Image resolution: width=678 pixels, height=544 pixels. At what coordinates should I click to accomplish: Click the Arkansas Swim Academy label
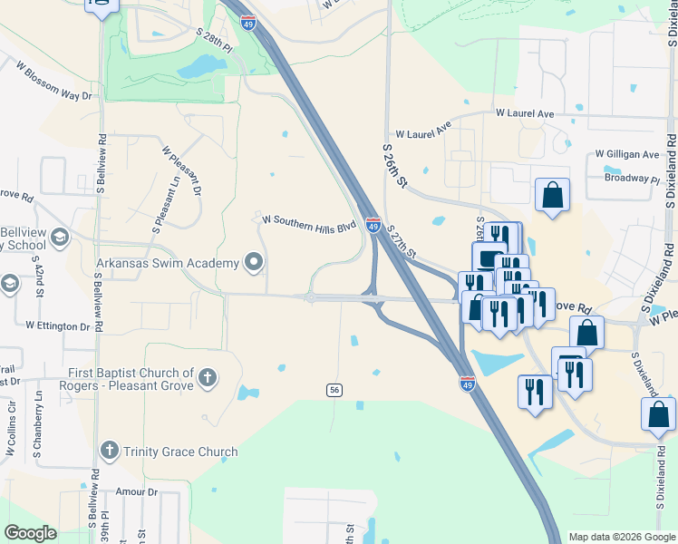point(168,263)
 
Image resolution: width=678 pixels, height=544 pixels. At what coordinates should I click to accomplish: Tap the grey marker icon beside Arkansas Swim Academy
point(254,264)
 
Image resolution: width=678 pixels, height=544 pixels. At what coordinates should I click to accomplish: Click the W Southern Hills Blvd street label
point(309,223)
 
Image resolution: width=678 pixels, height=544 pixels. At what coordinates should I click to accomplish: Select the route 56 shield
point(334,389)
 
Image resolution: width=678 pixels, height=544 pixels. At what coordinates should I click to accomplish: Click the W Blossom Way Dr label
point(54,81)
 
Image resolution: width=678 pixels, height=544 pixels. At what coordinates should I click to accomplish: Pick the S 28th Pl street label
point(214,39)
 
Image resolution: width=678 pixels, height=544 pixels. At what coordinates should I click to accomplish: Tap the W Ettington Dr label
point(58,325)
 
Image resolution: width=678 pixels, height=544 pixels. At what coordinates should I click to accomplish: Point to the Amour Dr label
point(137,492)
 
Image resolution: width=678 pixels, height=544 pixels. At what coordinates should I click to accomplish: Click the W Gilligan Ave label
point(627,155)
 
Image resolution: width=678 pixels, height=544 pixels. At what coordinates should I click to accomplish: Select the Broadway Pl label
point(632,179)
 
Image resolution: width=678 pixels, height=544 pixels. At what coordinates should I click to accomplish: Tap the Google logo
point(30,533)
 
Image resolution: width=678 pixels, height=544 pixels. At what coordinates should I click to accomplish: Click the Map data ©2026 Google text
point(621,537)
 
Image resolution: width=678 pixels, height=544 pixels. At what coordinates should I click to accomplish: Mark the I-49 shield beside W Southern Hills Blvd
point(373,225)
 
